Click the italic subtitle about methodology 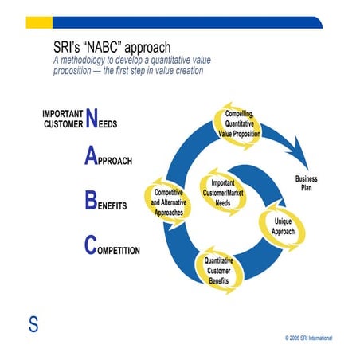[128, 65]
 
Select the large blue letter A [91, 157]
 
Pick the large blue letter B [91, 202]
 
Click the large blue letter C [91, 246]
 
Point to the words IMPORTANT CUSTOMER [62, 119]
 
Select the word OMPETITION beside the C [119, 250]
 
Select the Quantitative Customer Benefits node [218, 272]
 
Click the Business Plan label [306, 183]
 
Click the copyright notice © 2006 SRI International [308, 338]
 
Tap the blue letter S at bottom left [34, 325]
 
